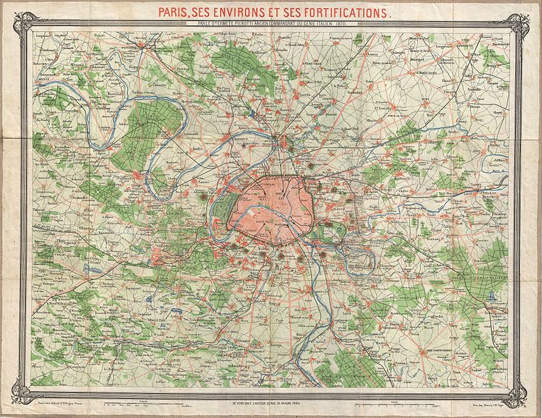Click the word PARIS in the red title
[177, 13]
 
